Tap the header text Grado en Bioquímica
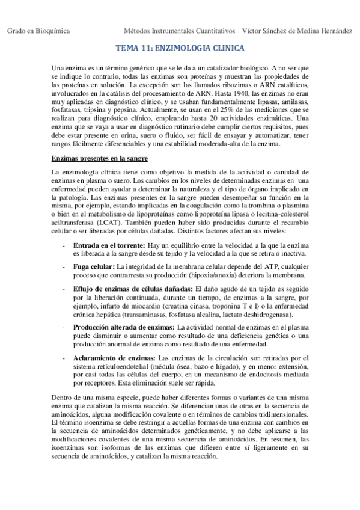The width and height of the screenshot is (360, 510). tap(38, 30)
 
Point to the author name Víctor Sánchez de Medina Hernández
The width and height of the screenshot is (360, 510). tap(296, 30)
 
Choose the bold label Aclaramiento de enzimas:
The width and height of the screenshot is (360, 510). tap(112, 357)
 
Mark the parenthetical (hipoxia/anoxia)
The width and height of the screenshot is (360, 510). tap(218, 275)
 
